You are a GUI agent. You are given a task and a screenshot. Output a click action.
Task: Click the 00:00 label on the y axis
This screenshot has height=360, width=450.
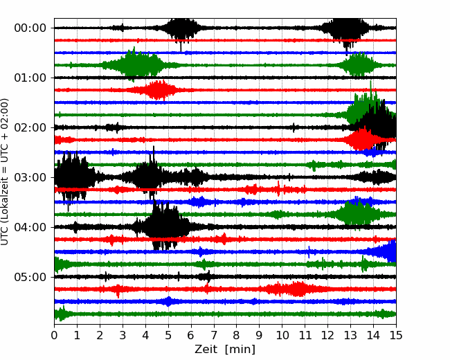point(30,28)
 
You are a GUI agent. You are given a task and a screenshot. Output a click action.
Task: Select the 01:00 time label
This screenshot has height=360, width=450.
point(30,78)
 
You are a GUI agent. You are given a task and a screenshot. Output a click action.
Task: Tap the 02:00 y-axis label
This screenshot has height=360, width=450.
point(30,127)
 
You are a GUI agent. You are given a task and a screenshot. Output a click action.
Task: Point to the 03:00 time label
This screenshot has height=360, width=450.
point(30,177)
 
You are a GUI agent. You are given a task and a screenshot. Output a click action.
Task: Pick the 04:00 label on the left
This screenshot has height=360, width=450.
point(30,227)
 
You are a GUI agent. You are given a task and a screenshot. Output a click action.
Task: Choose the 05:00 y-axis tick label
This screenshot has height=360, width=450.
point(30,277)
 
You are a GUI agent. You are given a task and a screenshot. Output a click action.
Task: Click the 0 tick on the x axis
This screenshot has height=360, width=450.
point(54,335)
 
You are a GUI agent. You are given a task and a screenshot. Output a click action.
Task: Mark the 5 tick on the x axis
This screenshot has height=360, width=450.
point(168,335)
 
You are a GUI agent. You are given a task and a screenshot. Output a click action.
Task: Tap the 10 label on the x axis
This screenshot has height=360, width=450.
point(282,335)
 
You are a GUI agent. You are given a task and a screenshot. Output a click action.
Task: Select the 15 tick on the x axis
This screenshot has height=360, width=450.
point(396,335)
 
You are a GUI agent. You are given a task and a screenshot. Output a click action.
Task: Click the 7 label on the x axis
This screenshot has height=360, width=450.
point(214,335)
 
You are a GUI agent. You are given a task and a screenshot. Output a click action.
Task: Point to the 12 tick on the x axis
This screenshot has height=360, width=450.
point(327,335)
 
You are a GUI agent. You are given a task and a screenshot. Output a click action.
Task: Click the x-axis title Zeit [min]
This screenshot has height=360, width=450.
point(225,350)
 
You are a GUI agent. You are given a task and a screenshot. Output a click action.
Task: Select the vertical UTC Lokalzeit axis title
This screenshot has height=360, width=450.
point(5,172)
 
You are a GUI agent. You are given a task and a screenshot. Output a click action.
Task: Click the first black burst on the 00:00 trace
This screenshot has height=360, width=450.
point(181,28)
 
